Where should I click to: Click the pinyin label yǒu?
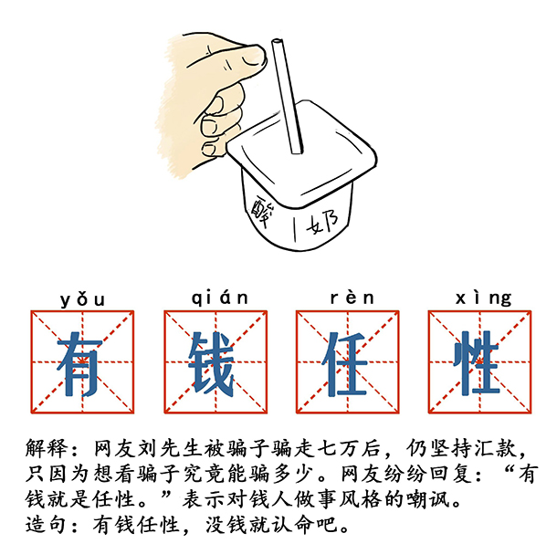pos(82,300)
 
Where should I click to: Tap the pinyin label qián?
pos(219,298)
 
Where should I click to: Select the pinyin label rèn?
pos(352,298)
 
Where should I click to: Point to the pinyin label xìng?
pos(483,298)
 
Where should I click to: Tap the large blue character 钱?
pos(212,363)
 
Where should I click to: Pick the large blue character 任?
pos(344,363)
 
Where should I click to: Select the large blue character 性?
pos(477,363)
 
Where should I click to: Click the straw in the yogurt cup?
pos(287,97)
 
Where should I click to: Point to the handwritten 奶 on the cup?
pos(322,222)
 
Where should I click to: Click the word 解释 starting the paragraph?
pos(47,448)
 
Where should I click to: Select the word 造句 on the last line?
pos(47,525)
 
